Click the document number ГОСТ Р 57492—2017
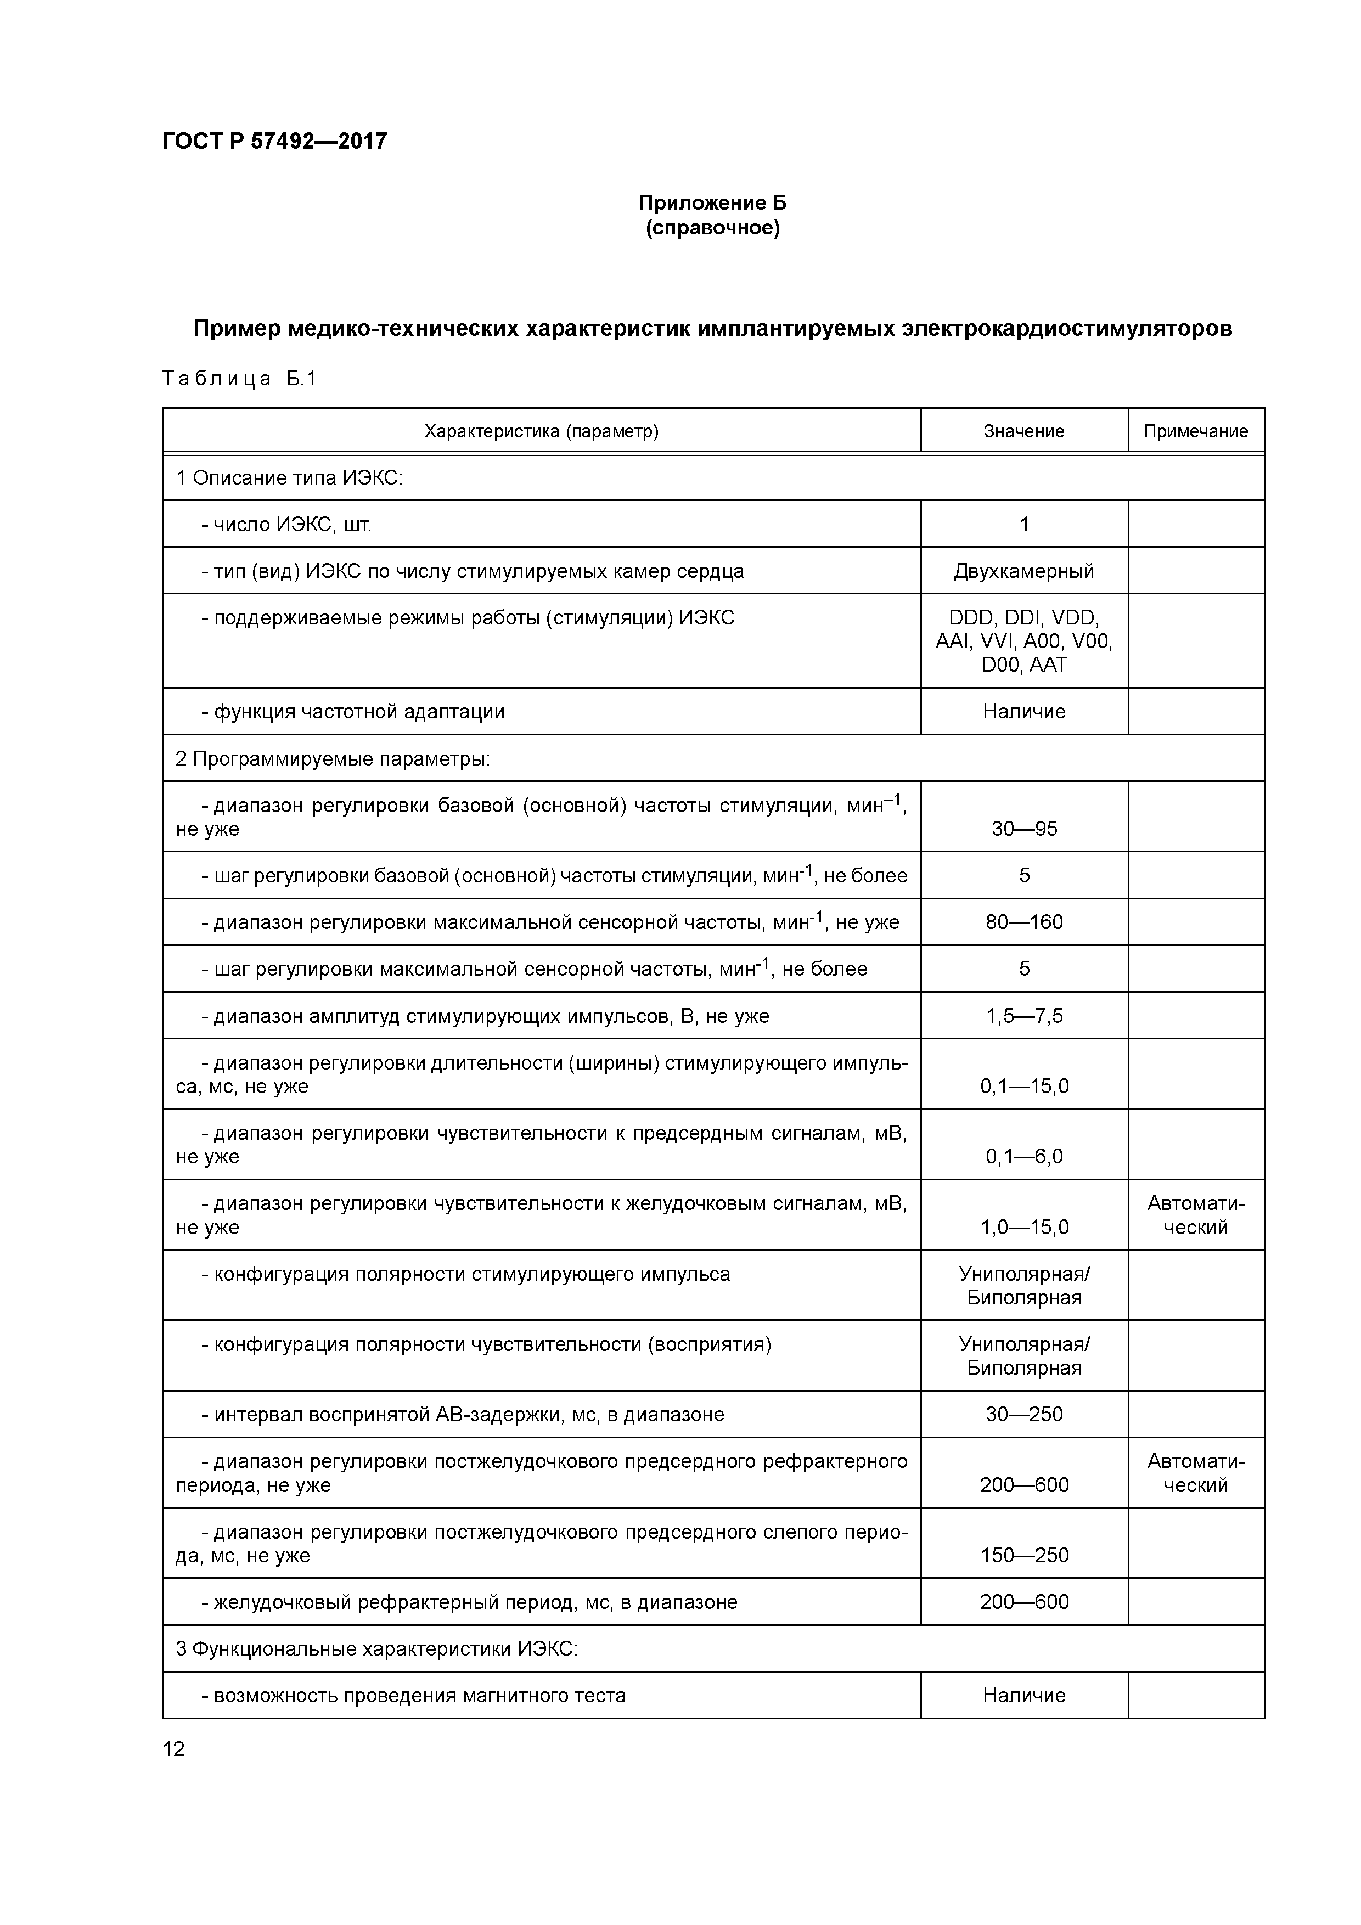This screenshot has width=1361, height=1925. [274, 141]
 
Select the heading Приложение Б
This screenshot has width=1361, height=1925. [712, 203]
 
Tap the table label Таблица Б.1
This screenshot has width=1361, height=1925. [239, 379]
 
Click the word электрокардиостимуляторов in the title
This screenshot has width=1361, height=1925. [1066, 329]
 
